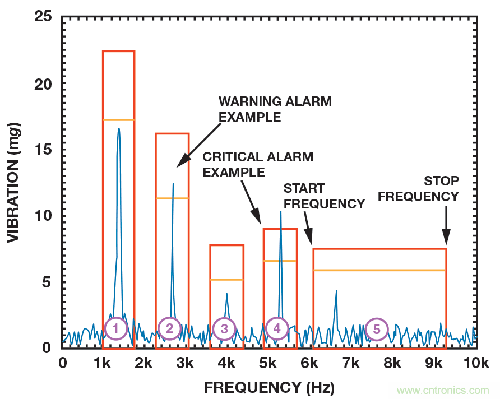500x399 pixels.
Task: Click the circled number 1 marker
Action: [x=115, y=329]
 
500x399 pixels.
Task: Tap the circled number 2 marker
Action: [x=169, y=329]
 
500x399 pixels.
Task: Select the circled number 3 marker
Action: [x=224, y=329]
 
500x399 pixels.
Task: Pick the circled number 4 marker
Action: [x=277, y=329]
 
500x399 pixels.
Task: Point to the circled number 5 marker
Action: [x=377, y=329]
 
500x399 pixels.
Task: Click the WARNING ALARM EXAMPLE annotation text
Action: [x=275, y=109]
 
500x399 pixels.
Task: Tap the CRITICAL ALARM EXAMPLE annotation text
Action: [x=258, y=164]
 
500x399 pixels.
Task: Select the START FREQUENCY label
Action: [x=324, y=196]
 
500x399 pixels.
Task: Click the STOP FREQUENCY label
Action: [x=441, y=189]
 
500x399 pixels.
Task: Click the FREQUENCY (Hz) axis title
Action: [x=269, y=387]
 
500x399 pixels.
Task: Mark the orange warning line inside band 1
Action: [x=118, y=120]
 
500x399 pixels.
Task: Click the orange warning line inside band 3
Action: [x=226, y=279]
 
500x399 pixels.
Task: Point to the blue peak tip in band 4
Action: [x=280, y=211]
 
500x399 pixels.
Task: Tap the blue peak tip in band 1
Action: [x=119, y=128]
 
